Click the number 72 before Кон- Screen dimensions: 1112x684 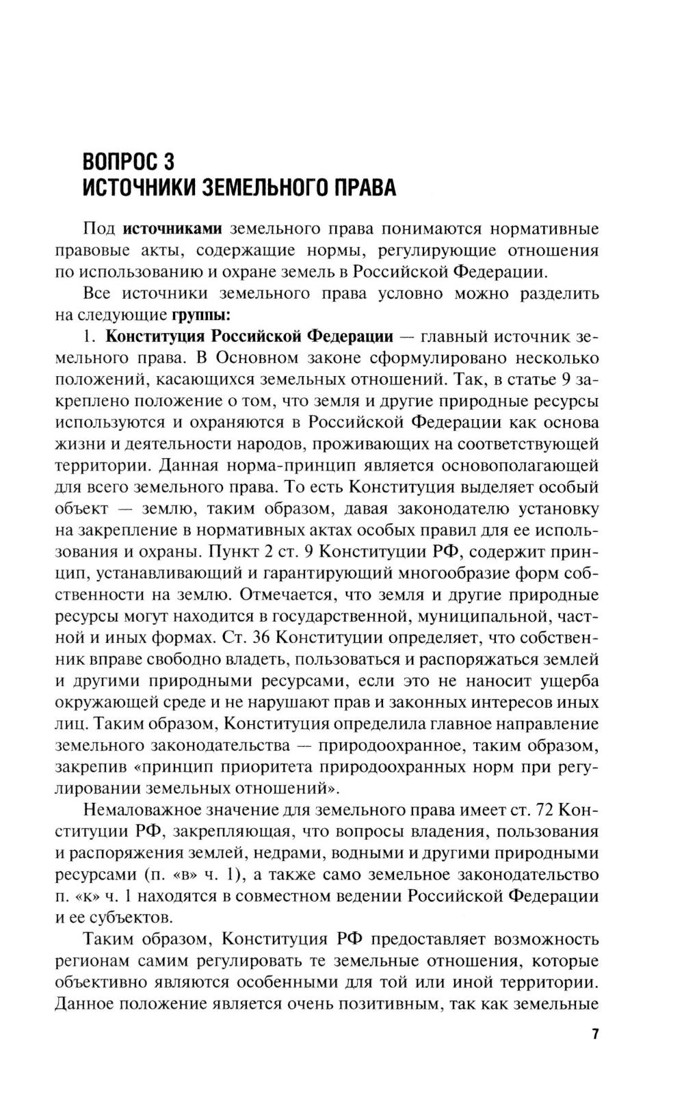click(543, 810)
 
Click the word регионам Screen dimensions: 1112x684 click(88, 961)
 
